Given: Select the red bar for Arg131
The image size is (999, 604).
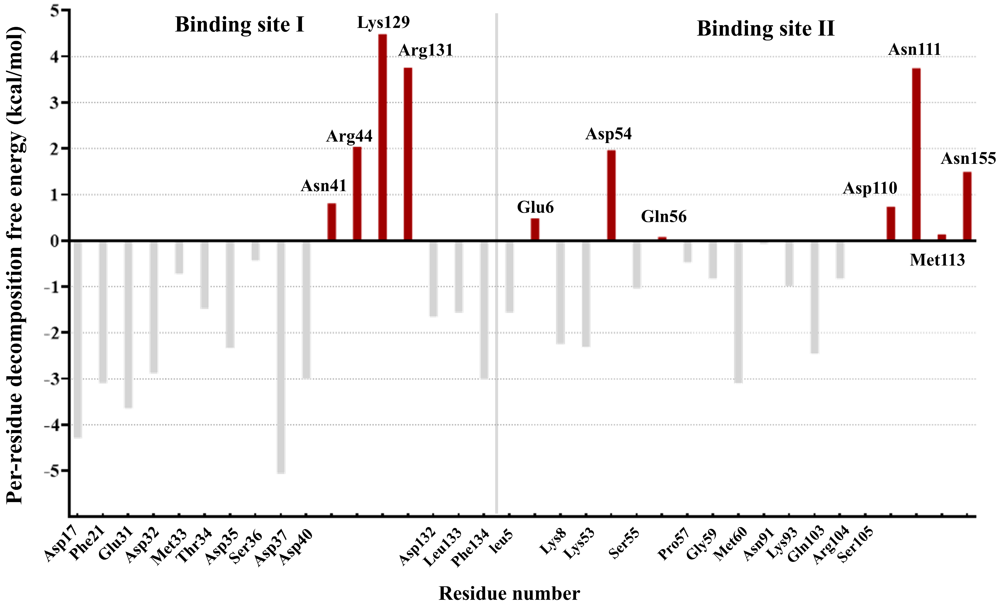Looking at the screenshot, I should (408, 154).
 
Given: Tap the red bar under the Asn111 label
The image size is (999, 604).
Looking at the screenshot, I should (916, 154).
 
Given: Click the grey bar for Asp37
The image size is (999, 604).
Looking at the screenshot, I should (281, 357).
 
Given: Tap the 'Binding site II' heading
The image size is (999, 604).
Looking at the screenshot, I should (765, 29).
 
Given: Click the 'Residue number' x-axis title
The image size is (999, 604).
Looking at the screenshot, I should (509, 593).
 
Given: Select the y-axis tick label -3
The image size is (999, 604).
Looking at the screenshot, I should (51, 379).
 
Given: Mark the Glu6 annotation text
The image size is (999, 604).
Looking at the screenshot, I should (535, 207).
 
